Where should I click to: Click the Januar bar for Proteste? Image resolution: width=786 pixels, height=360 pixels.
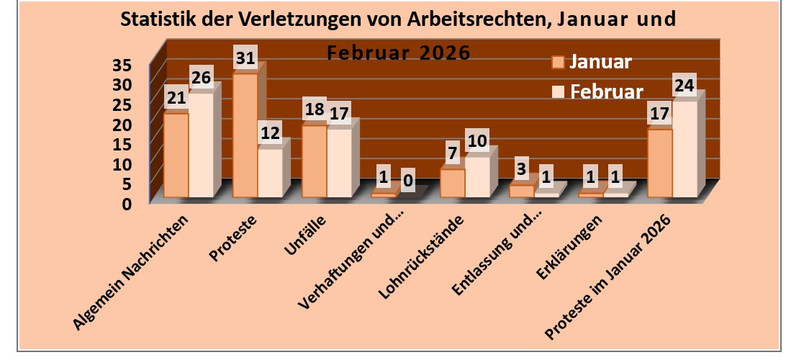[245, 135]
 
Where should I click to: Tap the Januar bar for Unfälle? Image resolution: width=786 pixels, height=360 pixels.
[314, 161]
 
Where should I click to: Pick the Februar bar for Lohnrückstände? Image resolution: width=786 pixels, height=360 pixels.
[477, 177]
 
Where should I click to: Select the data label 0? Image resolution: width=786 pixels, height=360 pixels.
[408, 180]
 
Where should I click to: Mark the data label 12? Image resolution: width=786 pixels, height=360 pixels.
[270, 134]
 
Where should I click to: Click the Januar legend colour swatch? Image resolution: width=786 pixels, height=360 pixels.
[557, 62]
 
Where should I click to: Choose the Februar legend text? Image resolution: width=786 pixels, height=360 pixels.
[606, 92]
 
